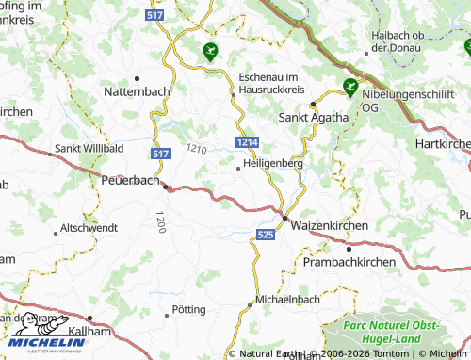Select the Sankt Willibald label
(89, 148)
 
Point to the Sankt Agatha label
(314, 118)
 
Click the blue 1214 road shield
(247, 141)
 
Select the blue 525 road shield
(267, 233)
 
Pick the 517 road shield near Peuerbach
(160, 153)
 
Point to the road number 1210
(196, 148)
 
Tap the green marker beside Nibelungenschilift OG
(350, 88)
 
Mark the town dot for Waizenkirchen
(285, 217)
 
